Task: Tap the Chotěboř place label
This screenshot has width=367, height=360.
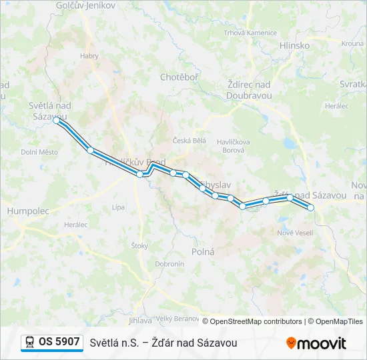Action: pyautogui.click(x=179, y=77)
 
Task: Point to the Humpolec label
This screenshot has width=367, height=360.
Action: pyautogui.click(x=28, y=211)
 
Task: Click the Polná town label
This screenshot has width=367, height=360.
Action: pyautogui.click(x=203, y=252)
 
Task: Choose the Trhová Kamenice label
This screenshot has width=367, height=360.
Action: pyautogui.click(x=250, y=33)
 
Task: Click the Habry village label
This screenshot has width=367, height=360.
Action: pyautogui.click(x=89, y=56)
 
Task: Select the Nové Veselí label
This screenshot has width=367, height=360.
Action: pyautogui.click(x=295, y=232)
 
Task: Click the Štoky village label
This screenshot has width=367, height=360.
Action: pyautogui.click(x=139, y=246)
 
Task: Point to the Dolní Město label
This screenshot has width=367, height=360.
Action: pyautogui.click(x=39, y=152)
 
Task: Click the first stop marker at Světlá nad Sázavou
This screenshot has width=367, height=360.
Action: pyautogui.click(x=57, y=121)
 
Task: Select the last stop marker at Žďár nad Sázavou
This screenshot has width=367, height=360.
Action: pyautogui.click(x=311, y=207)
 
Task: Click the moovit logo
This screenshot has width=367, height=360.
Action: pyautogui.click(x=316, y=343)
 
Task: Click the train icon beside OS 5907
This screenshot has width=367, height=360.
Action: pyautogui.click(x=29, y=342)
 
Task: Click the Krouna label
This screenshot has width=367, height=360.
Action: pyautogui.click(x=352, y=43)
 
